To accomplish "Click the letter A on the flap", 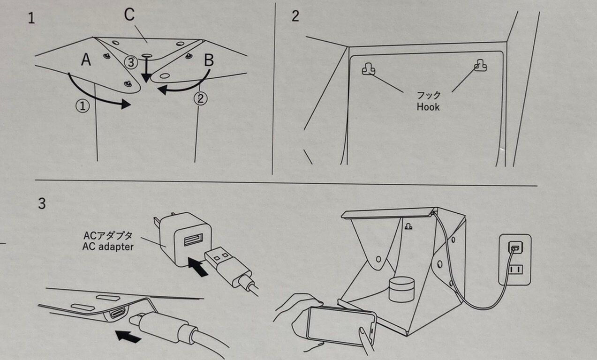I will [x=86, y=60].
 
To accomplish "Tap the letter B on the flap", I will [x=209, y=60].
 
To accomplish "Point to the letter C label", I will [x=129, y=15].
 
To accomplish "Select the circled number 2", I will [x=200, y=99].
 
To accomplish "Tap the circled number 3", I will [x=132, y=61].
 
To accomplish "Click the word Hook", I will [x=428, y=107].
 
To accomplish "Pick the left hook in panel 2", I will [x=368, y=69].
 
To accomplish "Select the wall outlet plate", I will [x=515, y=259].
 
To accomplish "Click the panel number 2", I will [x=295, y=16].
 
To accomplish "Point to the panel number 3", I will [x=42, y=204].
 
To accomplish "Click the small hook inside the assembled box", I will [x=408, y=226].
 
